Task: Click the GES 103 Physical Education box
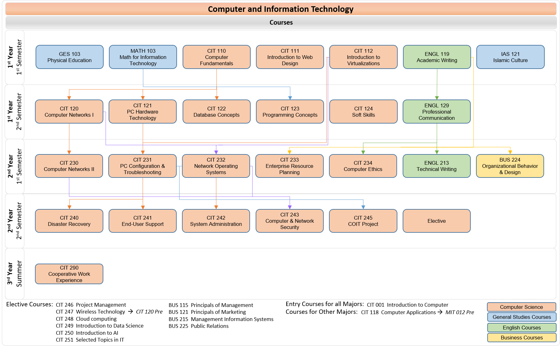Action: (70, 57)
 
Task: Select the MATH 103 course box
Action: (143, 57)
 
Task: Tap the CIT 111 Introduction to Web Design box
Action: (290, 57)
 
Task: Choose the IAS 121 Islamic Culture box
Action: (510, 57)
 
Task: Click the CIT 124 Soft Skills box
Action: (363, 112)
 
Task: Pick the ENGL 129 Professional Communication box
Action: (436, 112)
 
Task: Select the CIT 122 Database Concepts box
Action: (216, 112)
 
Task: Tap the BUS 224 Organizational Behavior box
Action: (510, 166)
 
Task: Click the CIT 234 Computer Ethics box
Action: (363, 166)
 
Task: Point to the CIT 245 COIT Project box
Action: (363, 221)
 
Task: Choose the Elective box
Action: (436, 221)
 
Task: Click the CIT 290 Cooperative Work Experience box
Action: (69, 274)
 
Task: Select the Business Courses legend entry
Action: (522, 338)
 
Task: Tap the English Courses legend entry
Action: (522, 328)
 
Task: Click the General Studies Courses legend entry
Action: (522, 317)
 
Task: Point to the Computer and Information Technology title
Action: (281, 9)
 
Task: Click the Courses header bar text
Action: (281, 22)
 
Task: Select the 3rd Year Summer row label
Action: (15, 274)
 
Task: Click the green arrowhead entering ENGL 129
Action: (437, 98)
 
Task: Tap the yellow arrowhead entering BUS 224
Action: (510, 152)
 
